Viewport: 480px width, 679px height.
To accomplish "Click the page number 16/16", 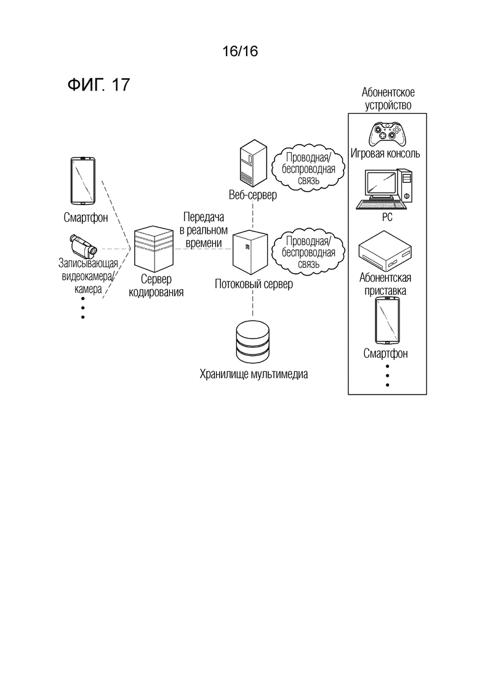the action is click(x=240, y=52).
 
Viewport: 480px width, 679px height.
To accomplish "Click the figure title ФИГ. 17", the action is click(x=98, y=84).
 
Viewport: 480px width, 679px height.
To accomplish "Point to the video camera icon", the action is click(x=84, y=246).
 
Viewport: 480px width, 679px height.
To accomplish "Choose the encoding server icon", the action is click(x=154, y=249).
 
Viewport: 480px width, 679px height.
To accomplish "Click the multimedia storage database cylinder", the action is click(x=253, y=341).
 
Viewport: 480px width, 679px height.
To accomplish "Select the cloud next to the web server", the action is click(x=308, y=168).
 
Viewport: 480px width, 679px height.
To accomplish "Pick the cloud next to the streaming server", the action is click(x=308, y=252).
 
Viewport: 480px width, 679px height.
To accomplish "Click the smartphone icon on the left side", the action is click(x=82, y=180).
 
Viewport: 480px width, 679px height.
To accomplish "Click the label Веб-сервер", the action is click(x=253, y=195).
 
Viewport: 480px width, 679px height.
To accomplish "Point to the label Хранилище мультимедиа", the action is click(x=254, y=374).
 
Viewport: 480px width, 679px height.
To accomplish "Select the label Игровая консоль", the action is click(x=385, y=153).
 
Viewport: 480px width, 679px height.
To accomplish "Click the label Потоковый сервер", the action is click(x=254, y=284).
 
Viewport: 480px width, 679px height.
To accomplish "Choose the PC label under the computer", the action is click(x=387, y=217).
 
